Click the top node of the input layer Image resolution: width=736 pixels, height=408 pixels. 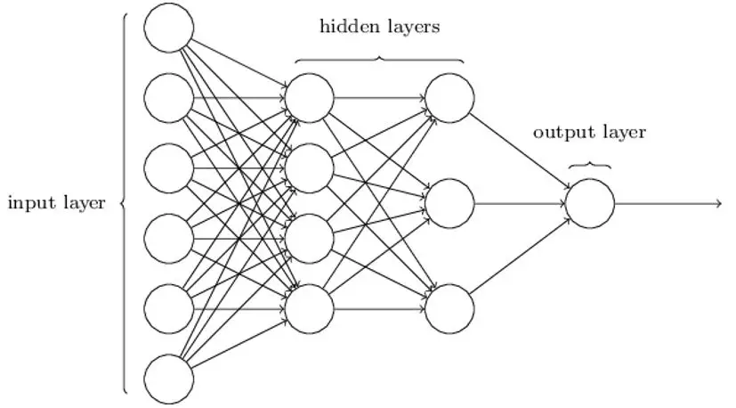pos(169,28)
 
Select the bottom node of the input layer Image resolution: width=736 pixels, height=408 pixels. pos(169,379)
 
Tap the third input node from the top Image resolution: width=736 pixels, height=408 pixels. pos(169,168)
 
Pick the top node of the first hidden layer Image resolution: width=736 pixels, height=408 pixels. pos(310,98)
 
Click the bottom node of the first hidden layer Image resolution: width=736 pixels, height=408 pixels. pos(310,309)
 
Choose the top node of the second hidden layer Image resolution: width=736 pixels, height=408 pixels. pos(449,98)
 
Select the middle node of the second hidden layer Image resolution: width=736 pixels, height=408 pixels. pos(449,203)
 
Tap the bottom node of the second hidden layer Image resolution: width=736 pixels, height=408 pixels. pos(449,309)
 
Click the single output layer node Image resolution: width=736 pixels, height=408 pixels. pos(590,203)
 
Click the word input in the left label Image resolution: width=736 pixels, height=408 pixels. pos(31,203)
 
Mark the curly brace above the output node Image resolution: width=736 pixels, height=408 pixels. pos(590,165)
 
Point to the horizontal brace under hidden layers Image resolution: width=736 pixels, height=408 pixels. pos(379,59)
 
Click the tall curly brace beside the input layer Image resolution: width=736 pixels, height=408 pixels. pos(125,203)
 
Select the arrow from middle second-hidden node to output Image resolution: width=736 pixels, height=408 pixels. pos(520,203)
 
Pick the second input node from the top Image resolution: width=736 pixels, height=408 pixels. pos(169,98)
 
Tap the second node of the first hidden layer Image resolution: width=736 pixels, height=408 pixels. pos(310,168)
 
